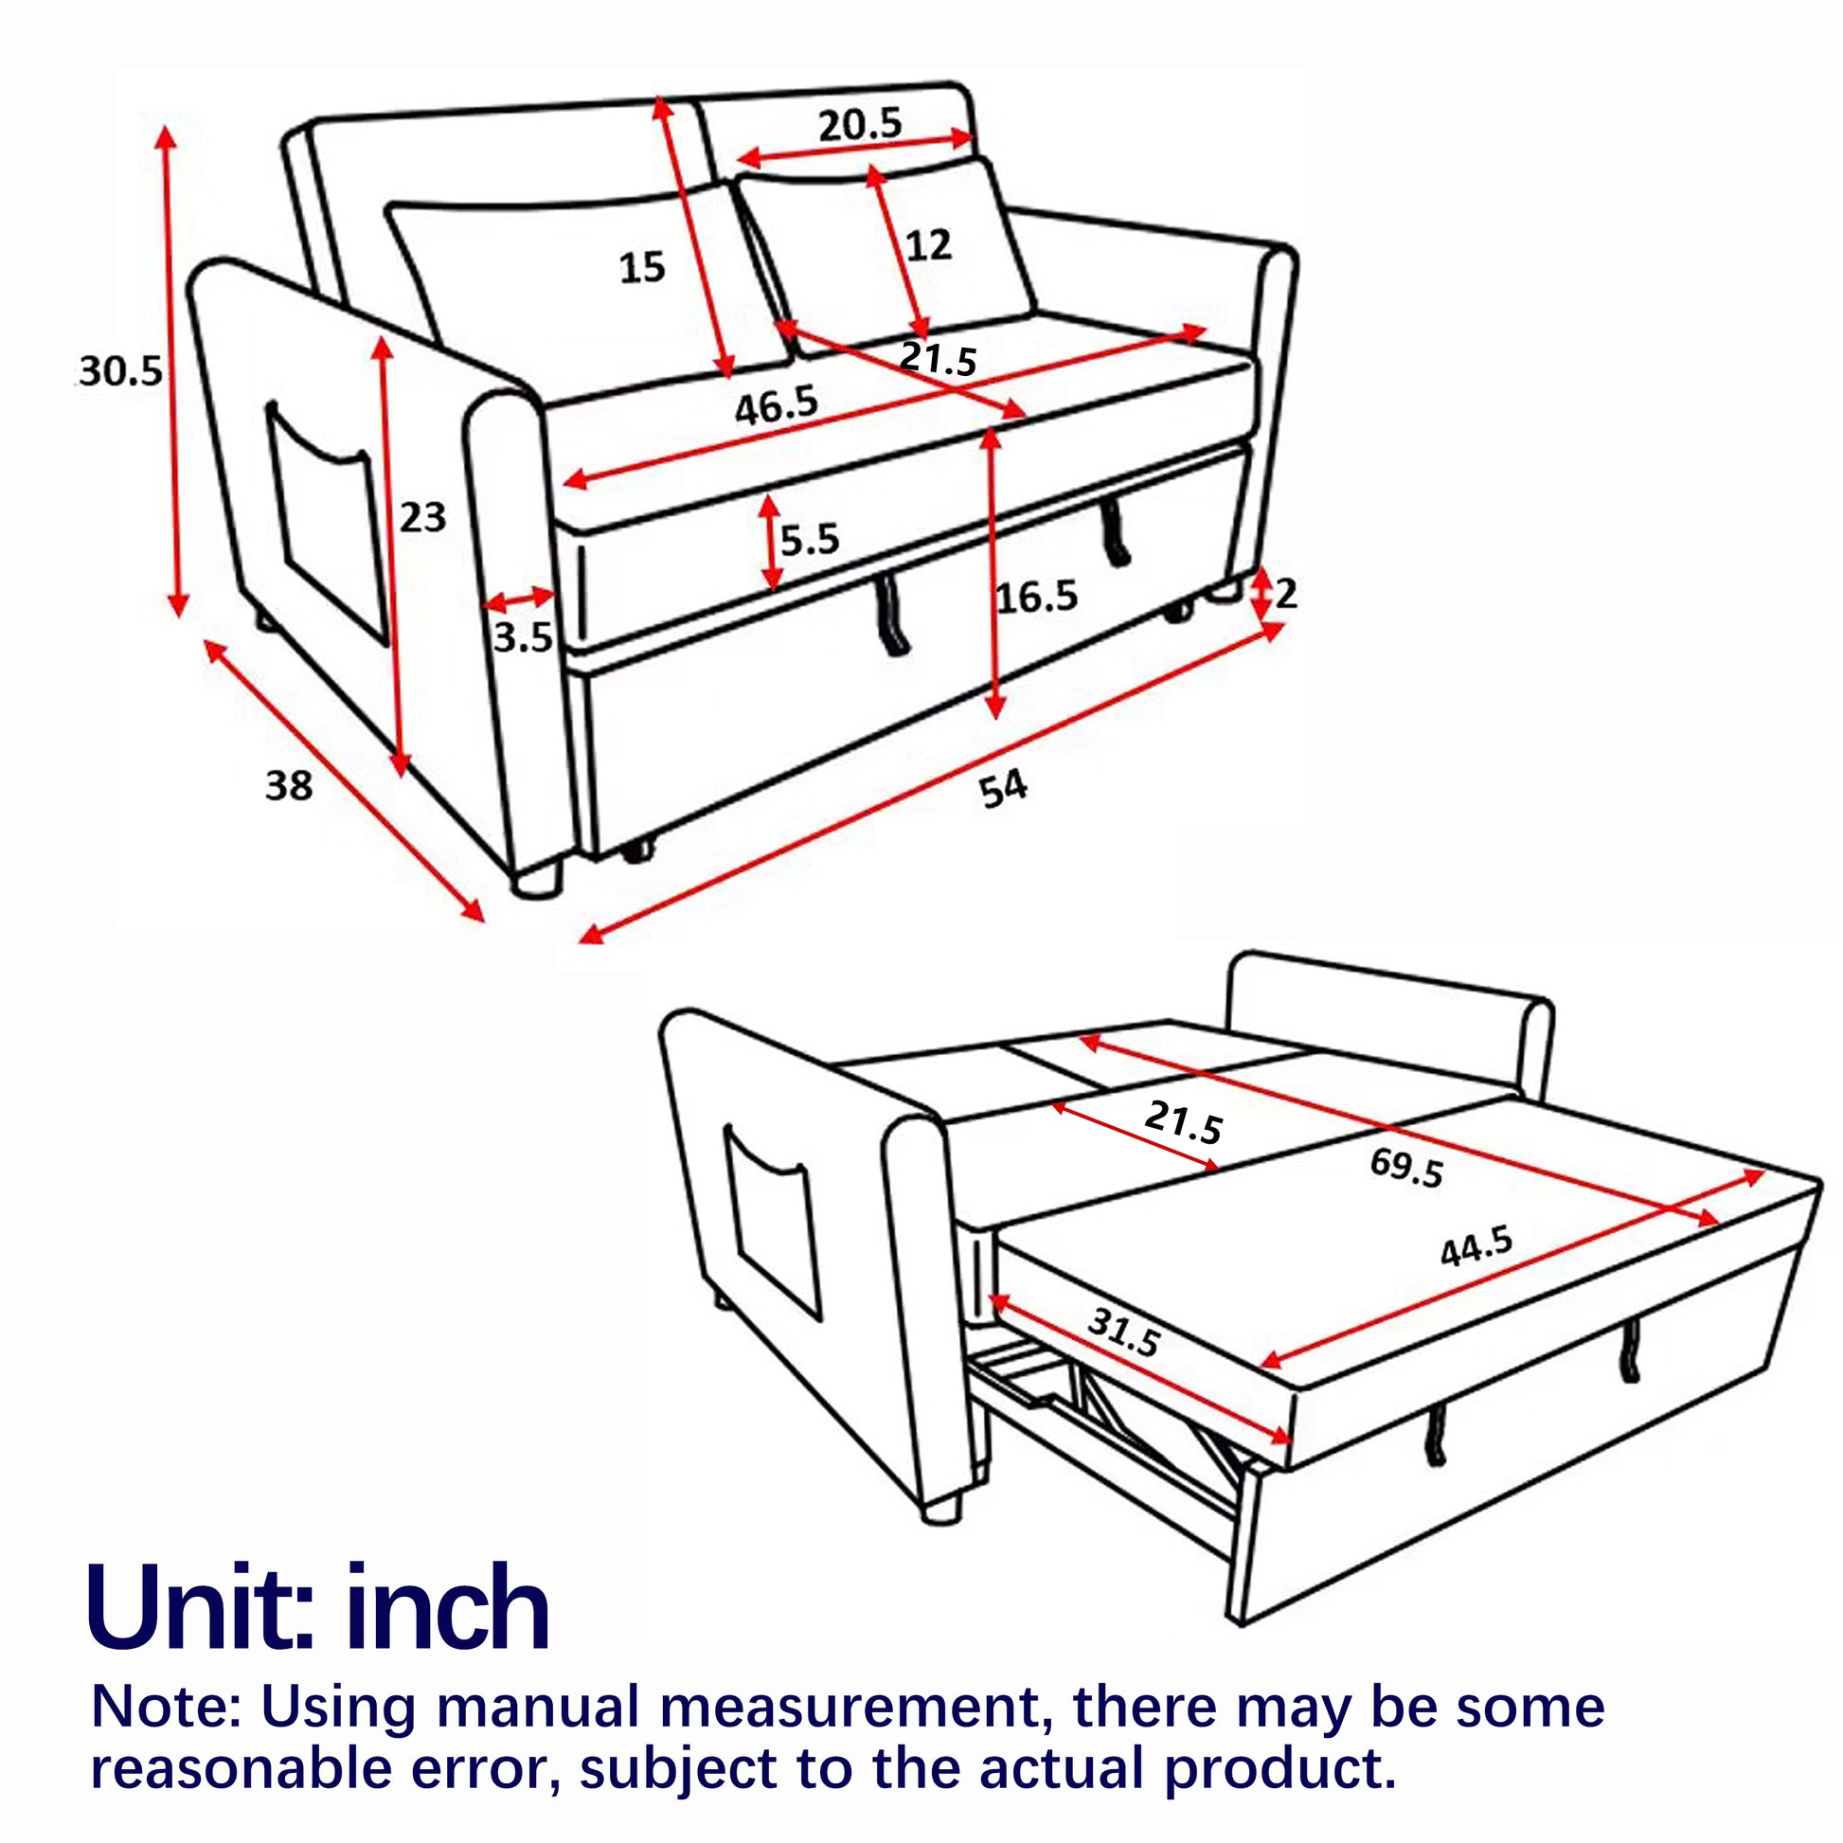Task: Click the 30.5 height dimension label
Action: [120, 370]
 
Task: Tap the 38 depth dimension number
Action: [288, 785]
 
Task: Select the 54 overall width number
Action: [1004, 789]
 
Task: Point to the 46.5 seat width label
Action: [777, 405]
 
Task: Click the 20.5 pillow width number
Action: [860, 124]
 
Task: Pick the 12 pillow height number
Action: [928, 245]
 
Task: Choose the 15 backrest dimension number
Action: [642, 267]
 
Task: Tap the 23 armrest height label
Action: [422, 517]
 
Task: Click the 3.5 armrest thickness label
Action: [523, 636]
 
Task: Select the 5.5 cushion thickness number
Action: [809, 540]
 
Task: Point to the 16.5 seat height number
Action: [1036, 598]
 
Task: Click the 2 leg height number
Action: [1286, 594]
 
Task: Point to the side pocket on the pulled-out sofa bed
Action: [772, 1223]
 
